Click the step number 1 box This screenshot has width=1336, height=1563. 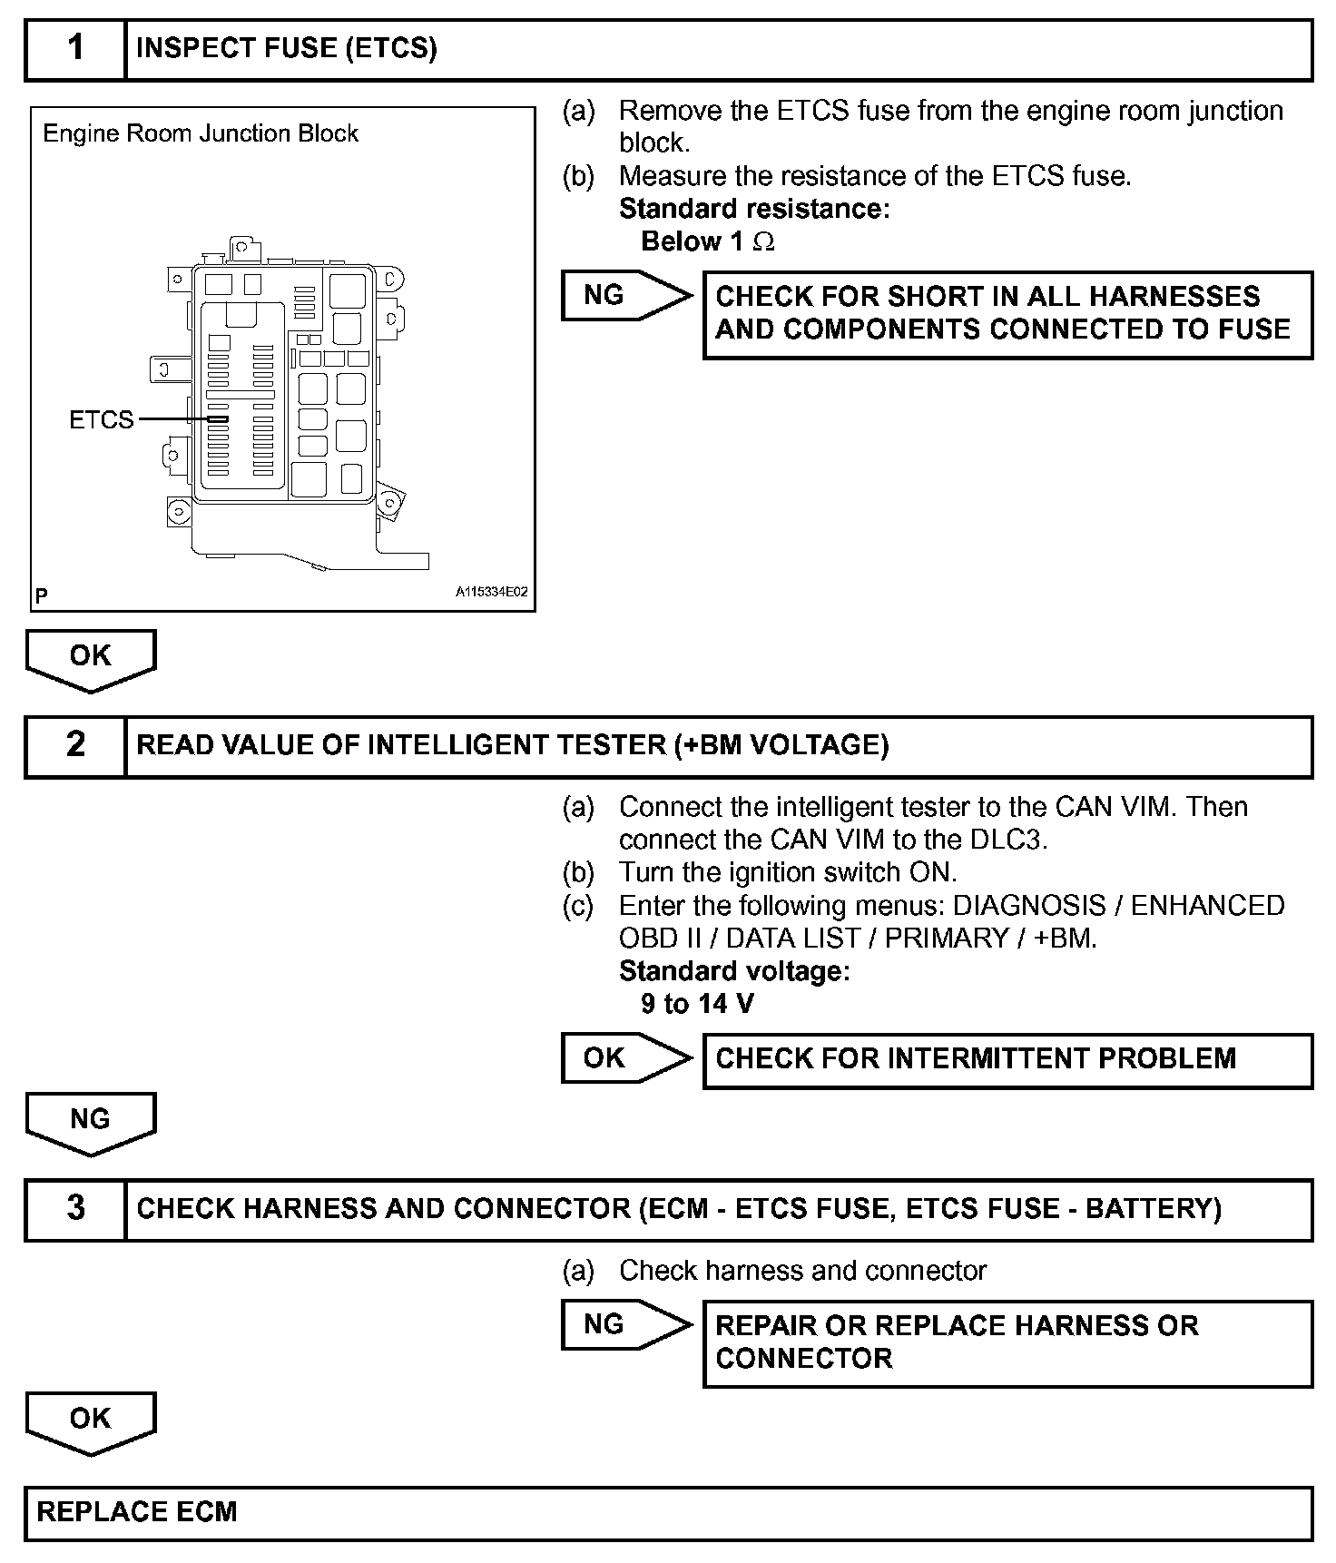pos(75,50)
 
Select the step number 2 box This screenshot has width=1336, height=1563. pos(75,746)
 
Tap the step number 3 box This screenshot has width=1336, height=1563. pos(75,1209)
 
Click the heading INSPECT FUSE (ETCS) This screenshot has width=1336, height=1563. pos(287,49)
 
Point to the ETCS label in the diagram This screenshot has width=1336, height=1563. pos(101,420)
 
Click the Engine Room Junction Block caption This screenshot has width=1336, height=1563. pos(201,134)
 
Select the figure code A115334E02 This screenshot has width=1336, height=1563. pos(491,592)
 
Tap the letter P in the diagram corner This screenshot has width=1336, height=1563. pos(42,596)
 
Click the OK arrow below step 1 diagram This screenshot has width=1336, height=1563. pos(91,658)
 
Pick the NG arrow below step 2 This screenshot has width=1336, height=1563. pos(91,1122)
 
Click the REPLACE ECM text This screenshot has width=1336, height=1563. pos(137,1512)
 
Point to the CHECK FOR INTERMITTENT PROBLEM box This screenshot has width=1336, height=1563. pos(1007,1060)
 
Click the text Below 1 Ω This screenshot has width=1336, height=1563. pos(708,242)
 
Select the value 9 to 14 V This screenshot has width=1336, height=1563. pos(697,1004)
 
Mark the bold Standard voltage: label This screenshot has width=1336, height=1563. pos(734,971)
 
